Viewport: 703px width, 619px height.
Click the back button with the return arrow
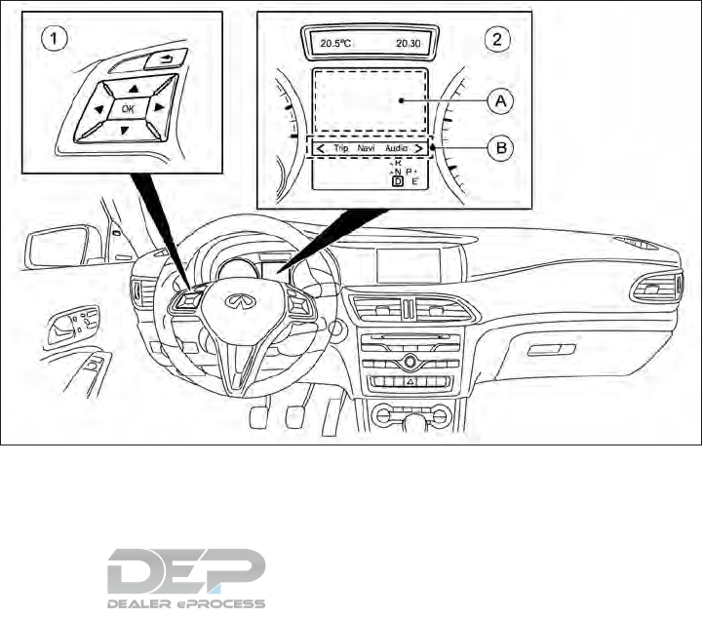click(159, 60)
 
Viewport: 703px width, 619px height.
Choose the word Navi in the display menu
click(368, 148)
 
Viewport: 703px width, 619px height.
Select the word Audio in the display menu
click(397, 148)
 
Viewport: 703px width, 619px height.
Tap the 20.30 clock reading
click(409, 43)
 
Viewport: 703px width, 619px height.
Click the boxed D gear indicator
click(397, 180)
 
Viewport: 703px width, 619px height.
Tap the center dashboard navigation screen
click(410, 265)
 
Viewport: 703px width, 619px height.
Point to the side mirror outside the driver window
click(59, 248)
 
